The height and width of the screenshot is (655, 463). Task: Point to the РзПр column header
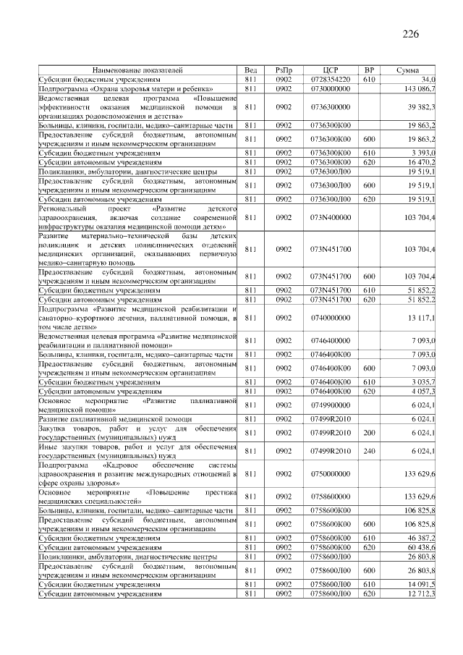point(283,70)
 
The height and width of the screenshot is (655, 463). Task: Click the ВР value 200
point(369,433)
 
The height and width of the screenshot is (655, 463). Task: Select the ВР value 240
point(369,451)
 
